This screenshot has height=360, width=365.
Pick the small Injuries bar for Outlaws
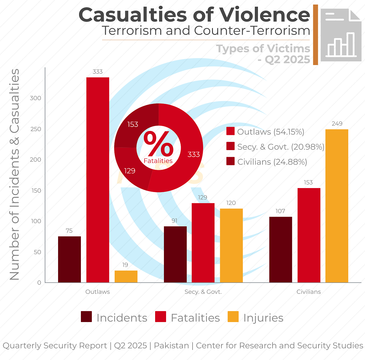126,276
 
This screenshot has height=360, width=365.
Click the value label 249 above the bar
337,124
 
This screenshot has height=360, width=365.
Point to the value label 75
69,231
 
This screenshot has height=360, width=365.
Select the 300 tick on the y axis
35,98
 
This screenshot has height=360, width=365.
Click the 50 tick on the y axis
37,252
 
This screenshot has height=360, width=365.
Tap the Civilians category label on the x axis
308,292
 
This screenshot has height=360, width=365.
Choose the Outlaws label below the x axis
97,292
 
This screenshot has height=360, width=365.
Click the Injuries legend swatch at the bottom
233,317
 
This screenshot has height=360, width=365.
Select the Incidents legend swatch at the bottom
86,317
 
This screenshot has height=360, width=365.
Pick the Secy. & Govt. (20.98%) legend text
281,147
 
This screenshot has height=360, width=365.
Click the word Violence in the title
265,15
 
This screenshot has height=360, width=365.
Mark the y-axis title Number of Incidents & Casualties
15,175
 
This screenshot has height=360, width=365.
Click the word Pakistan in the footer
171,345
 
